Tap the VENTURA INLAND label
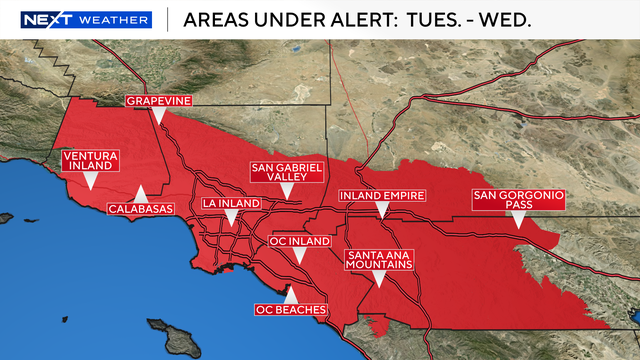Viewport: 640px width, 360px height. [90, 162]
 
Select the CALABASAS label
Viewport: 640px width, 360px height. [141, 209]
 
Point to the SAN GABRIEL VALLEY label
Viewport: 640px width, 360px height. [287, 172]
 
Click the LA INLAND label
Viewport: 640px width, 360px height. [231, 203]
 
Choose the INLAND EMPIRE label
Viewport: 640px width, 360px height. [382, 194]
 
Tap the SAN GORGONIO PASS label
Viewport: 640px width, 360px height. [518, 199]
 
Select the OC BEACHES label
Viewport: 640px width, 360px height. [291, 310]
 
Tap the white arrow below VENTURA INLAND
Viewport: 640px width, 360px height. [90, 181]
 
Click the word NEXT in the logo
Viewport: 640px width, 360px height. [49, 19]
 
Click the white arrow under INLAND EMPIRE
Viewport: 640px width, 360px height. [382, 210]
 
